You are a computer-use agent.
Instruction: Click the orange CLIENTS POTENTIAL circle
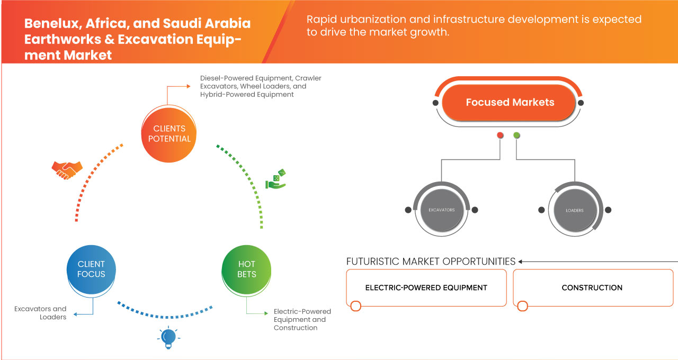coord(169,133)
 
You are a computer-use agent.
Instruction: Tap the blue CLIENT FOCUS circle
coord(91,269)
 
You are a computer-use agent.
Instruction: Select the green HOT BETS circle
coord(246,269)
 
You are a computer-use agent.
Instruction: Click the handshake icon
coord(67,169)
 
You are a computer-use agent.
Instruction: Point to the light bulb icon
coord(168,337)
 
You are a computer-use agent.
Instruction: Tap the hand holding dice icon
coord(275,179)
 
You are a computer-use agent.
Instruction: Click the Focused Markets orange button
coord(510,103)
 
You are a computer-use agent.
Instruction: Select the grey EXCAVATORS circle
coord(441,210)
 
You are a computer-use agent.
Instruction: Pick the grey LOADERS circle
coord(574,210)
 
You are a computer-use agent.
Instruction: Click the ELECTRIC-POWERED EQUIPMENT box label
coord(426,287)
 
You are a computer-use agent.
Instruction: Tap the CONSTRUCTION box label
coord(592,287)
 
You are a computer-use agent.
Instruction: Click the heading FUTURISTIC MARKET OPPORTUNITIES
coord(431,262)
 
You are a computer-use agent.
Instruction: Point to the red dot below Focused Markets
coord(500,136)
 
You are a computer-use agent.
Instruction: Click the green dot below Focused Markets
coord(516,136)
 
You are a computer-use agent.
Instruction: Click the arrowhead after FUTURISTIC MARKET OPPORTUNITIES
coord(521,262)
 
